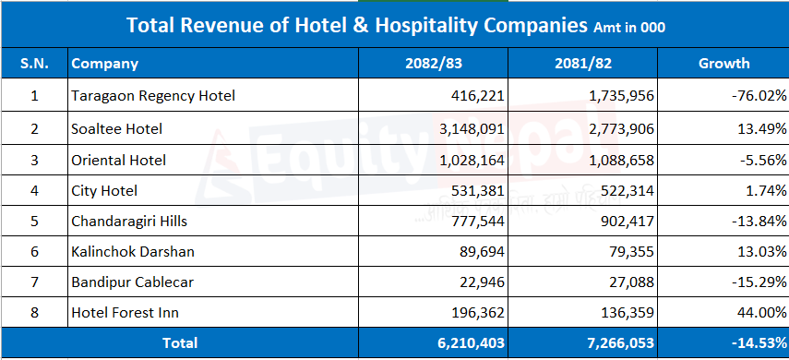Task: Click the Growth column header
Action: coord(723,64)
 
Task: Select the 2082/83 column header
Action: coord(433,64)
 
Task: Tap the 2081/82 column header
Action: coord(582,64)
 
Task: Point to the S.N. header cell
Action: coord(34,64)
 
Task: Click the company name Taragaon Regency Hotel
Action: coord(153,95)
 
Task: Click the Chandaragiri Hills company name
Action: coord(129,221)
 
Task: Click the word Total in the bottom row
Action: coord(180,343)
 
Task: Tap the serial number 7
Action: coord(34,282)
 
